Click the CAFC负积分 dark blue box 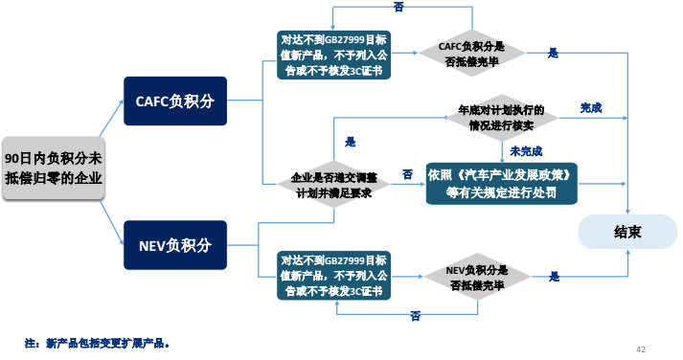coord(174,101)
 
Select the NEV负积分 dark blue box coord(174,244)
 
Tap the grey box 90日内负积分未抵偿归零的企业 coord(54,168)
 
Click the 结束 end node coord(627,231)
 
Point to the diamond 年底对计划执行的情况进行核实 coord(501,117)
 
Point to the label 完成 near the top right coord(591,108)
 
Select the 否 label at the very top coord(398,7)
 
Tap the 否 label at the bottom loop coord(415,315)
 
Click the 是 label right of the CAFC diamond coord(553,54)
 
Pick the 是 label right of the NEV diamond coord(554,277)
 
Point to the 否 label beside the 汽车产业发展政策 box coord(407,173)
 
